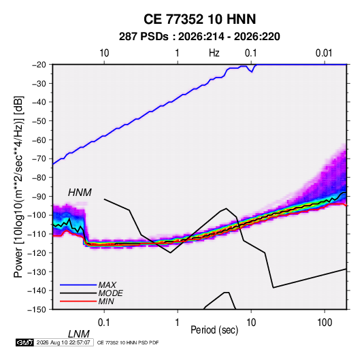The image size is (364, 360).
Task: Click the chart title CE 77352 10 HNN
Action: point(199,19)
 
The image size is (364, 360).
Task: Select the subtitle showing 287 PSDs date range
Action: point(199,37)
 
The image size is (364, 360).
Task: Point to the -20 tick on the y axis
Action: point(39,65)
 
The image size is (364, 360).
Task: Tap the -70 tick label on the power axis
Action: point(39,159)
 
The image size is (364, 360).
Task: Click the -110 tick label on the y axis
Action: point(37,234)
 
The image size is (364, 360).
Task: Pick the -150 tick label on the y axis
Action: point(37,310)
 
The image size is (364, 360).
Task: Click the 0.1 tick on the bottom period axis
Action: point(104,323)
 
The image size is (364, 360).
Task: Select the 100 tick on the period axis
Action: point(325,323)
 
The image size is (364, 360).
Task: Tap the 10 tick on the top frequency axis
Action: point(104,53)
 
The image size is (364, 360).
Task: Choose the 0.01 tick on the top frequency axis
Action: point(324,53)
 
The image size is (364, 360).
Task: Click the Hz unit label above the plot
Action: point(214,53)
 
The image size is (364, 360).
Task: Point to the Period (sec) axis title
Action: point(214,330)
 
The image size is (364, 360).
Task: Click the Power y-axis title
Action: point(18,187)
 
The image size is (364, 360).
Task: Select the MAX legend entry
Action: point(107,285)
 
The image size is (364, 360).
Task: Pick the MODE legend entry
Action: point(110,293)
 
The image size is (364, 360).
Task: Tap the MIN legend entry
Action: point(106,301)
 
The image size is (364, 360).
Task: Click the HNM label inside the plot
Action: point(80,193)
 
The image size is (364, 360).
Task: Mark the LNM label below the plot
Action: point(79,334)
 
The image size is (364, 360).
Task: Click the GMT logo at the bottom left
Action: point(24,342)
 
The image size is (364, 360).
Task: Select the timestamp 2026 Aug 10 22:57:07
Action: point(63,342)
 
